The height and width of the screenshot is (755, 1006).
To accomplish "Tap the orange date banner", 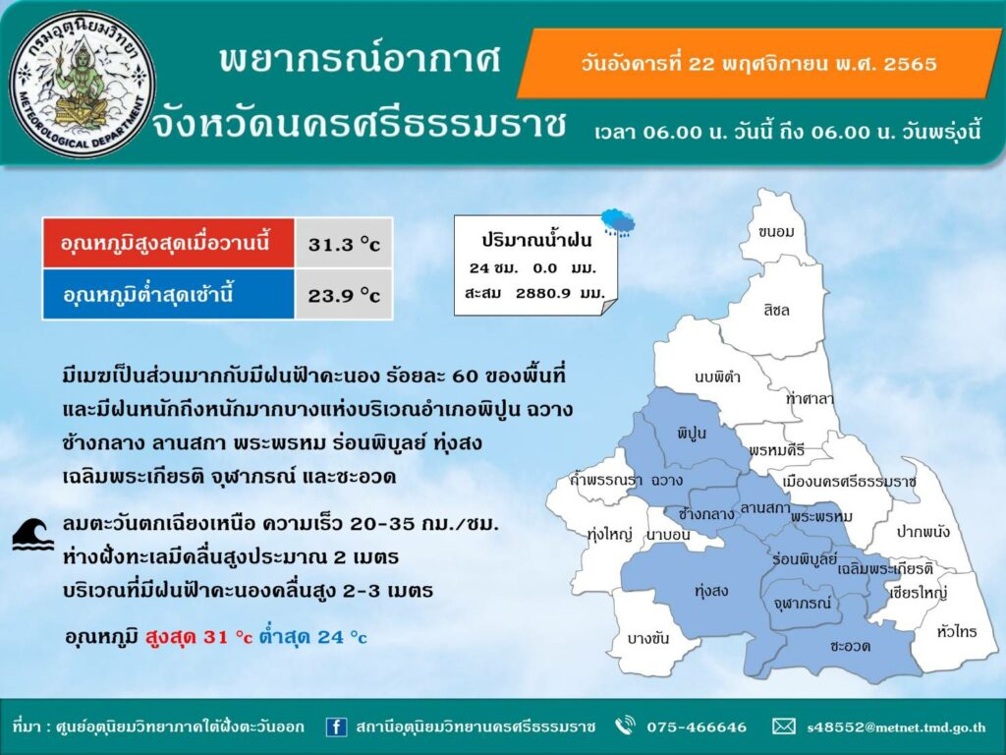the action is coord(759,64).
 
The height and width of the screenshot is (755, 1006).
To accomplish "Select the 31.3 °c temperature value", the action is coord(344,244).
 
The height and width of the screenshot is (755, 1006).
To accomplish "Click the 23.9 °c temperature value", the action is coord(344,295).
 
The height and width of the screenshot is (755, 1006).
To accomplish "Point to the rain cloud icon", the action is coord(618,222).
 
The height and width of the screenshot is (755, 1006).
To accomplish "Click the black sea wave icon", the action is coord(33,534).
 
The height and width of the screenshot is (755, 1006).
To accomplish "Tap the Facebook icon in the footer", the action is coord(336,726).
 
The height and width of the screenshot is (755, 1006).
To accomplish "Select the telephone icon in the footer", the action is coord(624,726).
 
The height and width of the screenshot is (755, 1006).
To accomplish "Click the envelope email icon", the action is coord(783,726).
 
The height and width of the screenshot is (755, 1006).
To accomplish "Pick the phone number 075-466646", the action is coord(697,726).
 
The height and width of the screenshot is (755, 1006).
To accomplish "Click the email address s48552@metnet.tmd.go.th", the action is coord(896,727).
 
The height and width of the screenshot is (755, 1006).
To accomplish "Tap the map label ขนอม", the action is coord(776,231).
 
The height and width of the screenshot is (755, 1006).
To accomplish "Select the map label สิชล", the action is coord(776,310).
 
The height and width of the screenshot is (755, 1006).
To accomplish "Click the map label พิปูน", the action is coord(691,433).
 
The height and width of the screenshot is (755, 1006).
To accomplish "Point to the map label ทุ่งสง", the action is coord(711,590).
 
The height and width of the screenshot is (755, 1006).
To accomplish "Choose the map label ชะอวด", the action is coord(850,645).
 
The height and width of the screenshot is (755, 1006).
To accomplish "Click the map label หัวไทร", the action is coord(957,632).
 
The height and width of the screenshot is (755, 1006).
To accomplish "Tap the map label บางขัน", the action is coord(648,638).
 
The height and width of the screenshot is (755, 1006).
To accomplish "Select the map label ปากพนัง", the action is coord(923,531).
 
